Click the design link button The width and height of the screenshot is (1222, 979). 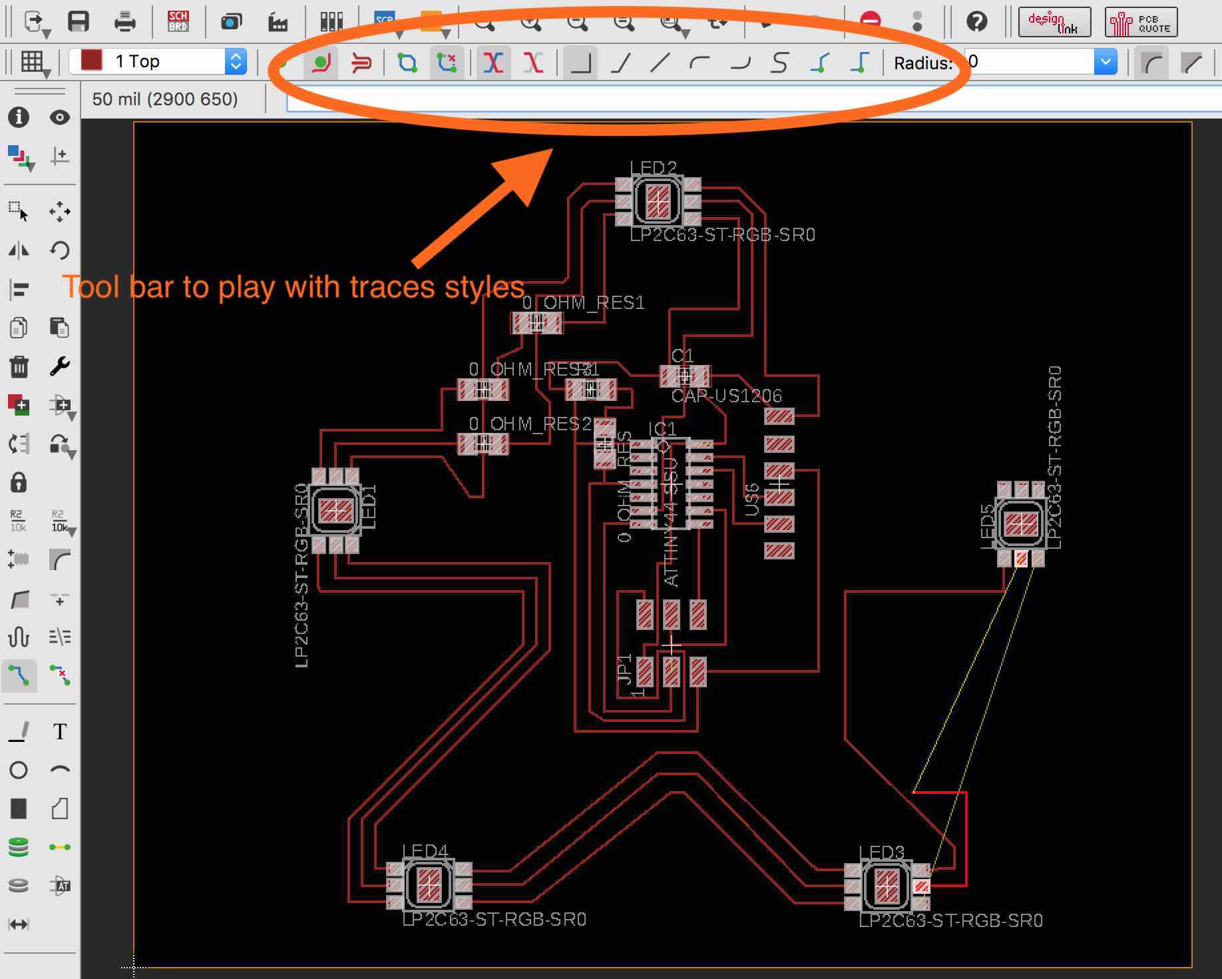[x=1054, y=22]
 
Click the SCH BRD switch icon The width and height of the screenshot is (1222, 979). [x=178, y=21]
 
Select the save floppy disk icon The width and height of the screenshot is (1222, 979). [x=79, y=21]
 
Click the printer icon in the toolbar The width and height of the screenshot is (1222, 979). [x=124, y=21]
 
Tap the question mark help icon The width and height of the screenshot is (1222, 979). [x=976, y=21]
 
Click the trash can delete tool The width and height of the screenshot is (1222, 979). [x=19, y=366]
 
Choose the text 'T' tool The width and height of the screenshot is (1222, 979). [x=60, y=732]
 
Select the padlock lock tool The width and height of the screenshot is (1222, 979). [x=19, y=482]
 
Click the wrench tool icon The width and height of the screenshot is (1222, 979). [x=60, y=366]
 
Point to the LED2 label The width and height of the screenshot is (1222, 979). [x=653, y=168]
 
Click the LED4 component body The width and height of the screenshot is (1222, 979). [x=429, y=884]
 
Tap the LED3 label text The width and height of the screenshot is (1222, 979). [x=881, y=852]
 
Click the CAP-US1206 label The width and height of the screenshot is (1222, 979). [x=726, y=396]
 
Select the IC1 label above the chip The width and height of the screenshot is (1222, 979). [x=662, y=429]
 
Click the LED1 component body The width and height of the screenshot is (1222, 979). [x=335, y=511]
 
